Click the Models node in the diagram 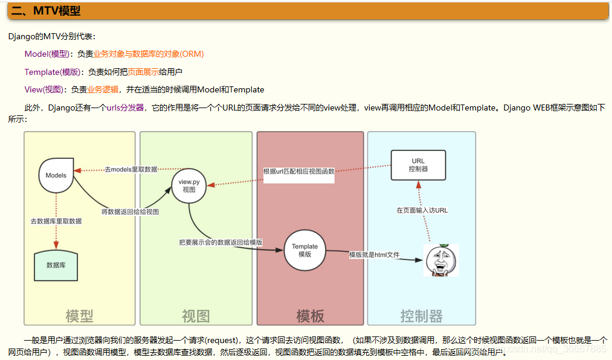tap(56, 175)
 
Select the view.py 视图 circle tap(189, 185)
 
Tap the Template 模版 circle tap(304, 250)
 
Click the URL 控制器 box tap(418, 165)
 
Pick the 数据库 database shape tap(56, 265)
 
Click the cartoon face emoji tap(440, 260)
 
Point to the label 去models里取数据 tap(131, 170)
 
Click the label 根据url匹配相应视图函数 tap(298, 172)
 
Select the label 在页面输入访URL tap(422, 211)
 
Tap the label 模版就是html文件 tap(374, 255)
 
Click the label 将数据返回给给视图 tap(130, 212)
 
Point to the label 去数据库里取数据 tap(56, 221)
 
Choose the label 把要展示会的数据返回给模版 tap(221, 242)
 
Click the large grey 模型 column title tap(79, 315)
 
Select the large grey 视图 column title tap(196, 315)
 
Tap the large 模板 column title tap(310, 315)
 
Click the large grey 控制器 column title tap(421, 315)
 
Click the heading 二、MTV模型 tap(46, 11)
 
